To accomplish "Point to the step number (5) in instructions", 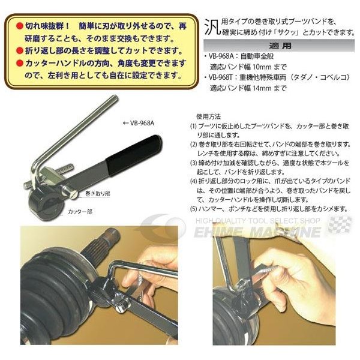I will pos(193,208).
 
